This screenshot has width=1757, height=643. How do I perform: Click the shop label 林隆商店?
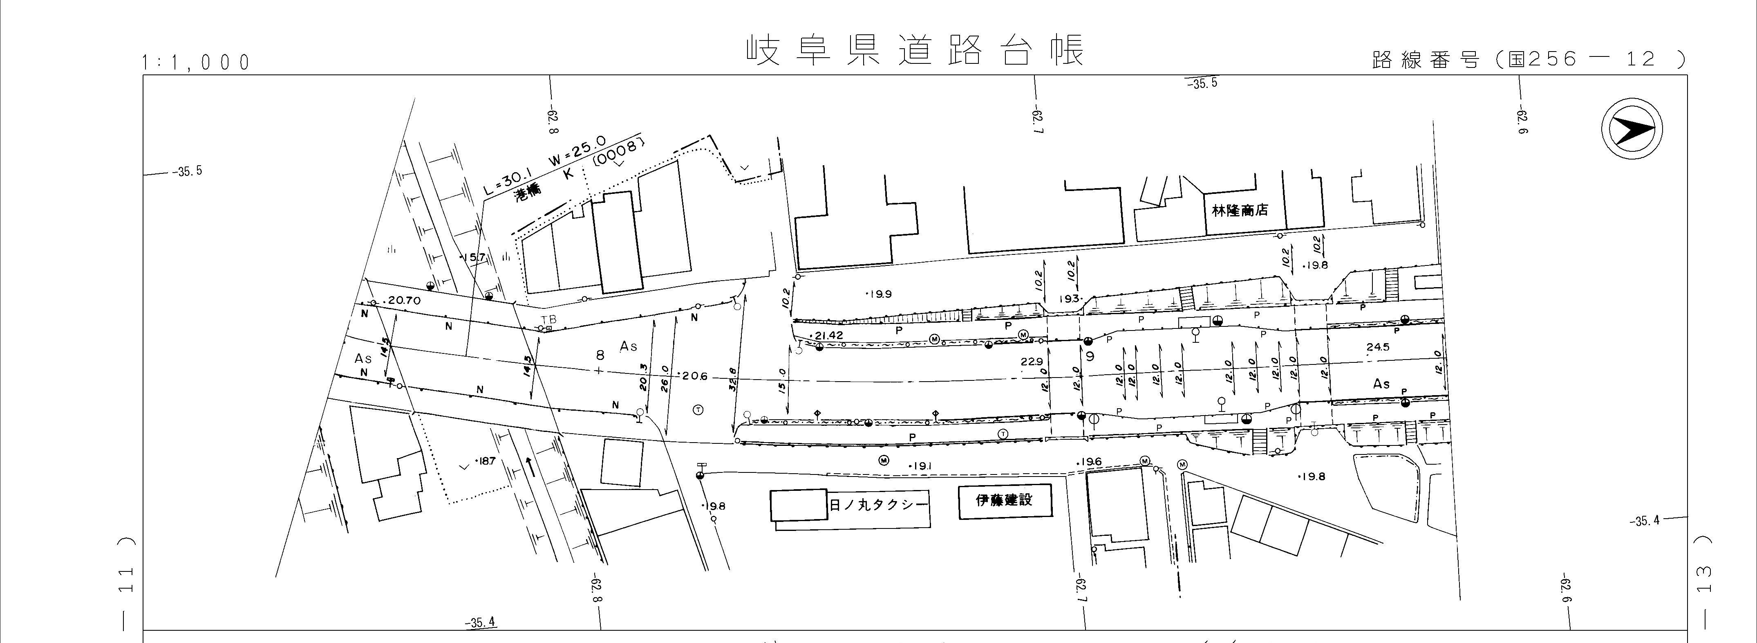click(x=1239, y=210)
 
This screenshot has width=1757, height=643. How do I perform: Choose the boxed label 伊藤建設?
click(x=1004, y=500)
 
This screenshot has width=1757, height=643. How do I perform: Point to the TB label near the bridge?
click(x=548, y=319)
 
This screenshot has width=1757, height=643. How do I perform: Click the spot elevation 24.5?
click(x=1378, y=347)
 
